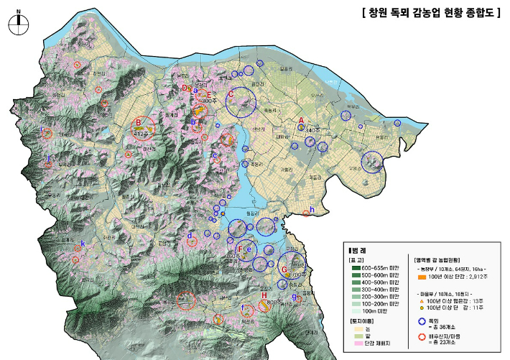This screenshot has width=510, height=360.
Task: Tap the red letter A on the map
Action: (302, 120)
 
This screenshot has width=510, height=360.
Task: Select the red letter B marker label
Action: (138, 122)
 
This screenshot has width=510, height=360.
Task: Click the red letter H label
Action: (264, 295)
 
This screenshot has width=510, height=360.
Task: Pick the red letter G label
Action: (284, 270)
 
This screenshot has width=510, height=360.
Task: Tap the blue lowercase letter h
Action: (312, 209)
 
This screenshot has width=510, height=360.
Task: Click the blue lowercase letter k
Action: (83, 244)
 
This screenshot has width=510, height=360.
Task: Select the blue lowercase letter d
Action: (190, 235)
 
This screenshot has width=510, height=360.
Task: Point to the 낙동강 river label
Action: (330, 81)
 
